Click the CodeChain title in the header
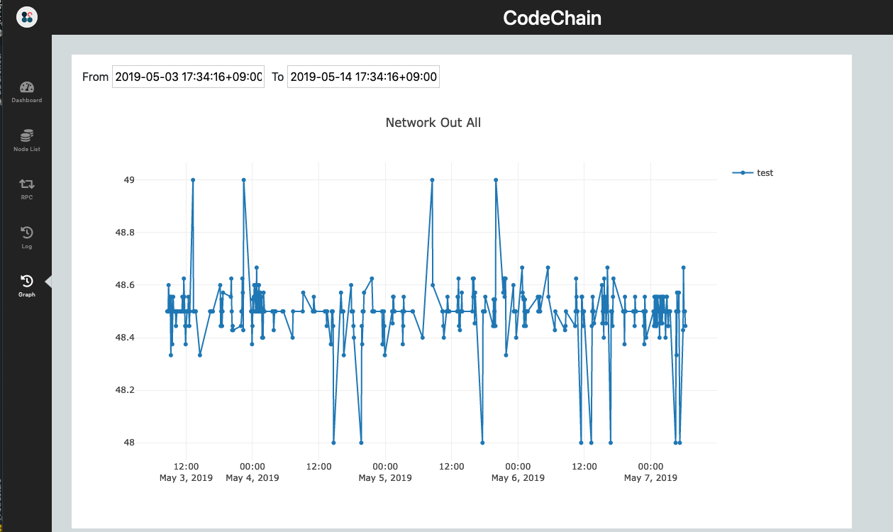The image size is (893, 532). coord(552,18)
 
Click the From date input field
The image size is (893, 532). coord(188,77)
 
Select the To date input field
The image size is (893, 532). coord(363,77)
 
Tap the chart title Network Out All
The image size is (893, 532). coord(433,123)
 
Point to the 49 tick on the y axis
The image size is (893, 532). coord(129,180)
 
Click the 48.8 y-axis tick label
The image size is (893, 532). coord(125,233)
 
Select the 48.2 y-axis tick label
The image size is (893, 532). coord(125,390)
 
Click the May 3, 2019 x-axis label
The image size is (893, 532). coord(186,478)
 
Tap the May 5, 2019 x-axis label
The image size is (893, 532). coord(385,478)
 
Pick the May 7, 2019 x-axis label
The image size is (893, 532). coord(650,478)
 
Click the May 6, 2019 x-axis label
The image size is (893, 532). coord(518,478)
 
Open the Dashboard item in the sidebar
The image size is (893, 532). coord(26,92)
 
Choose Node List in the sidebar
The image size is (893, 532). coord(26,140)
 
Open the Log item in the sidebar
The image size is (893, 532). coord(26,237)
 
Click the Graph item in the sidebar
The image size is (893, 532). coord(26,285)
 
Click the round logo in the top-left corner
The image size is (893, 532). coord(27,17)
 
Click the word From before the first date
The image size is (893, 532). coord(96,77)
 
